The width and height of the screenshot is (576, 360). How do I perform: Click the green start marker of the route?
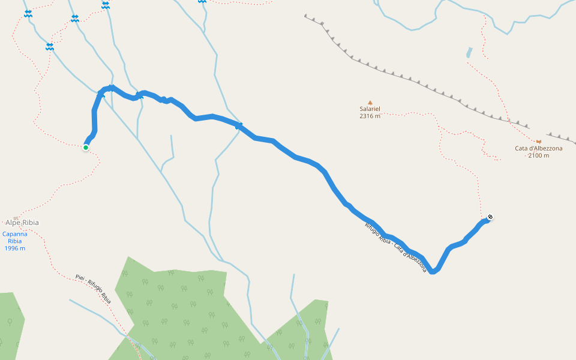86,147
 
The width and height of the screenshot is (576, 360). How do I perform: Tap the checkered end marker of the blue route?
490,217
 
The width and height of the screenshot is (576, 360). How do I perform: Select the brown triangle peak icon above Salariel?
370,103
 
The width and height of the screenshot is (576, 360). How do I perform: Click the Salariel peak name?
370,109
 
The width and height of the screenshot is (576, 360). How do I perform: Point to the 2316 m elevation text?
370,116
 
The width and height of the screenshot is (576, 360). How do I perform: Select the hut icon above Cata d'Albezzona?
538,142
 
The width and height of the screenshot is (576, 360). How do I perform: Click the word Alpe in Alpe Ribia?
13,223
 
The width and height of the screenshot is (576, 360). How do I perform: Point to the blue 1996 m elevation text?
14,248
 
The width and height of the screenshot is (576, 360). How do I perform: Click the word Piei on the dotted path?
80,277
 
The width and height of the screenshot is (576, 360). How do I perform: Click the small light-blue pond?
469,53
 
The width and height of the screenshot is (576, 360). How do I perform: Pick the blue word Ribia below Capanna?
14,241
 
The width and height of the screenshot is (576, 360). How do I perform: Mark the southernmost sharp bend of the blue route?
433,271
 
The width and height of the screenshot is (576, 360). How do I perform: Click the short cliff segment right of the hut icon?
561,139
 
